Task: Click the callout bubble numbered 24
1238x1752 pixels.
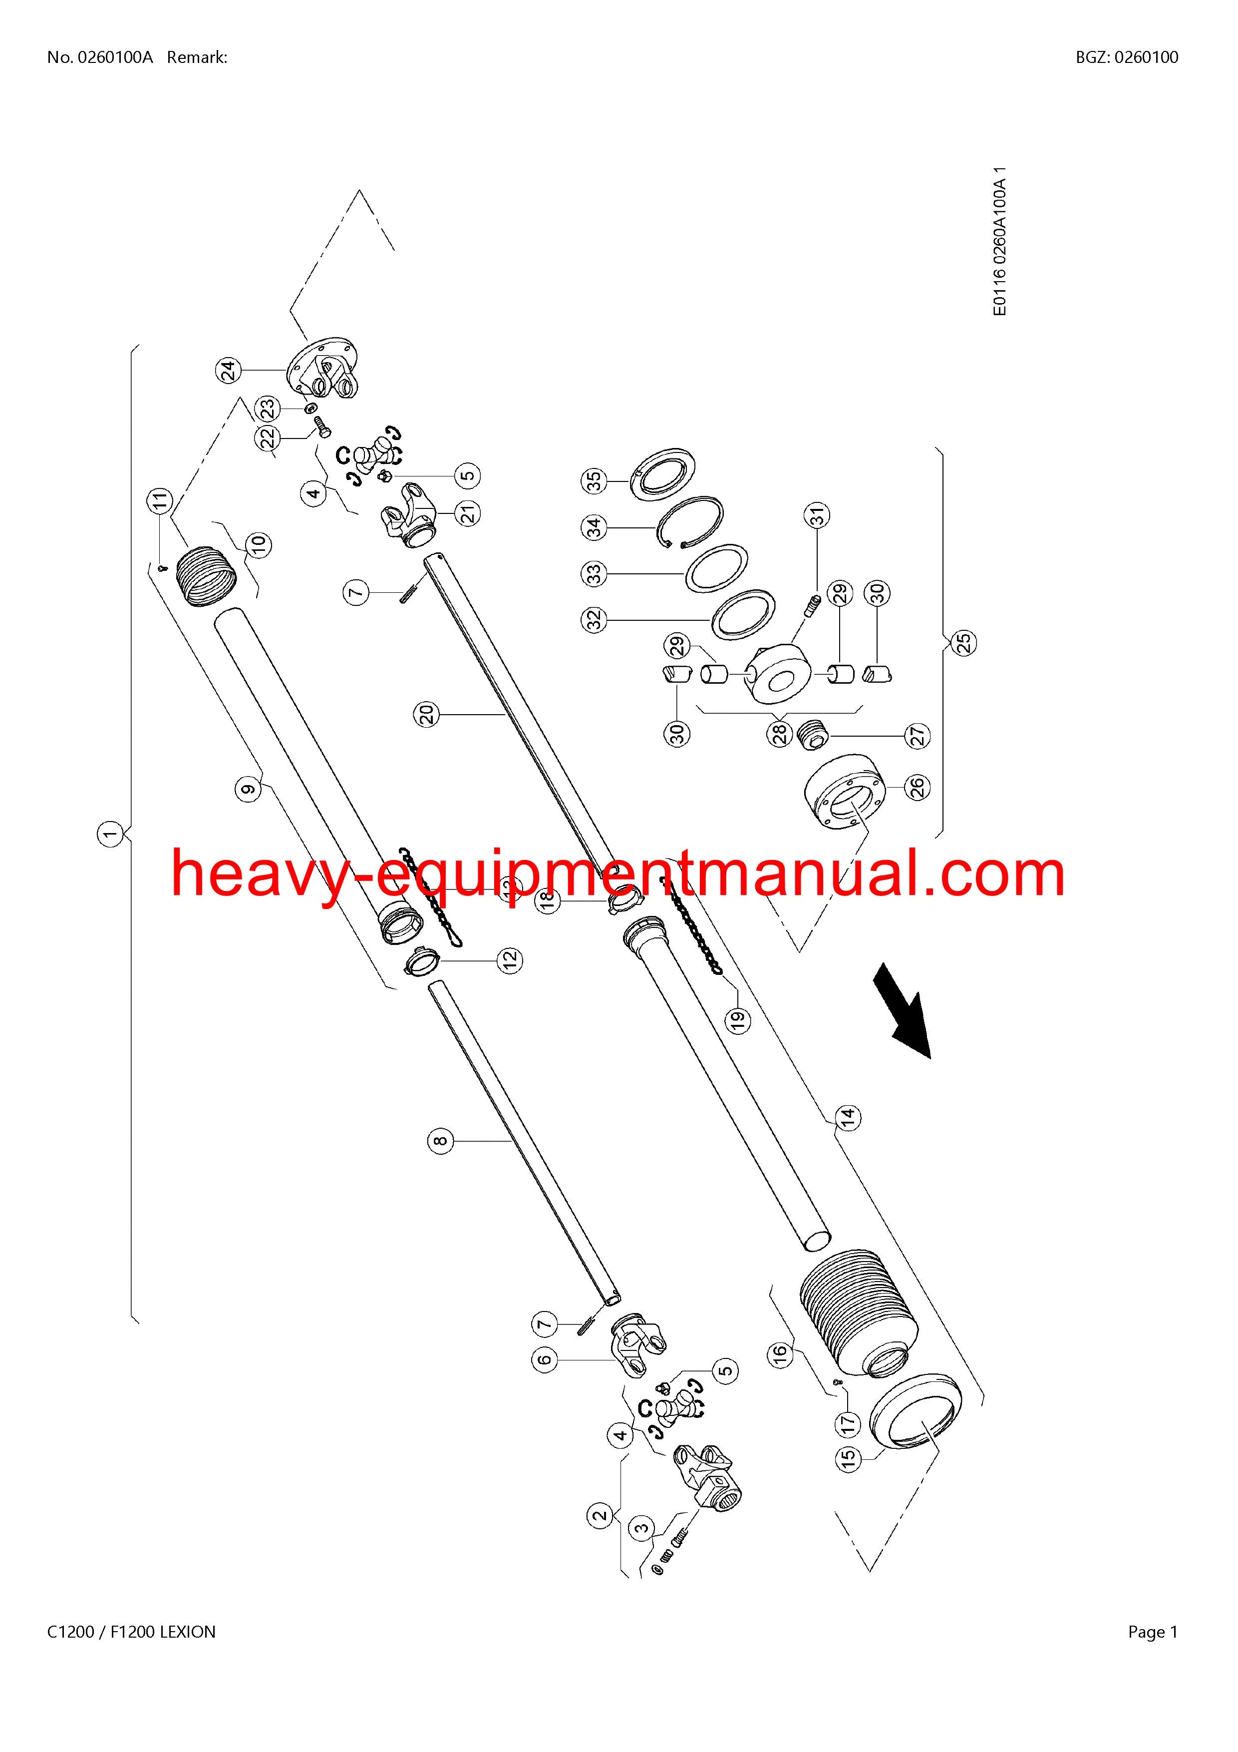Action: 227,371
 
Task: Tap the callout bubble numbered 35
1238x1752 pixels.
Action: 594,481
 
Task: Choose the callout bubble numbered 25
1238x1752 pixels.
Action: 965,642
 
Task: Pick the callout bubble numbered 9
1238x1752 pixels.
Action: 249,788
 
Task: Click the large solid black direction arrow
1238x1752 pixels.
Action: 903,1010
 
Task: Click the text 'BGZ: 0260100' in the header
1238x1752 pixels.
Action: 1127,57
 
